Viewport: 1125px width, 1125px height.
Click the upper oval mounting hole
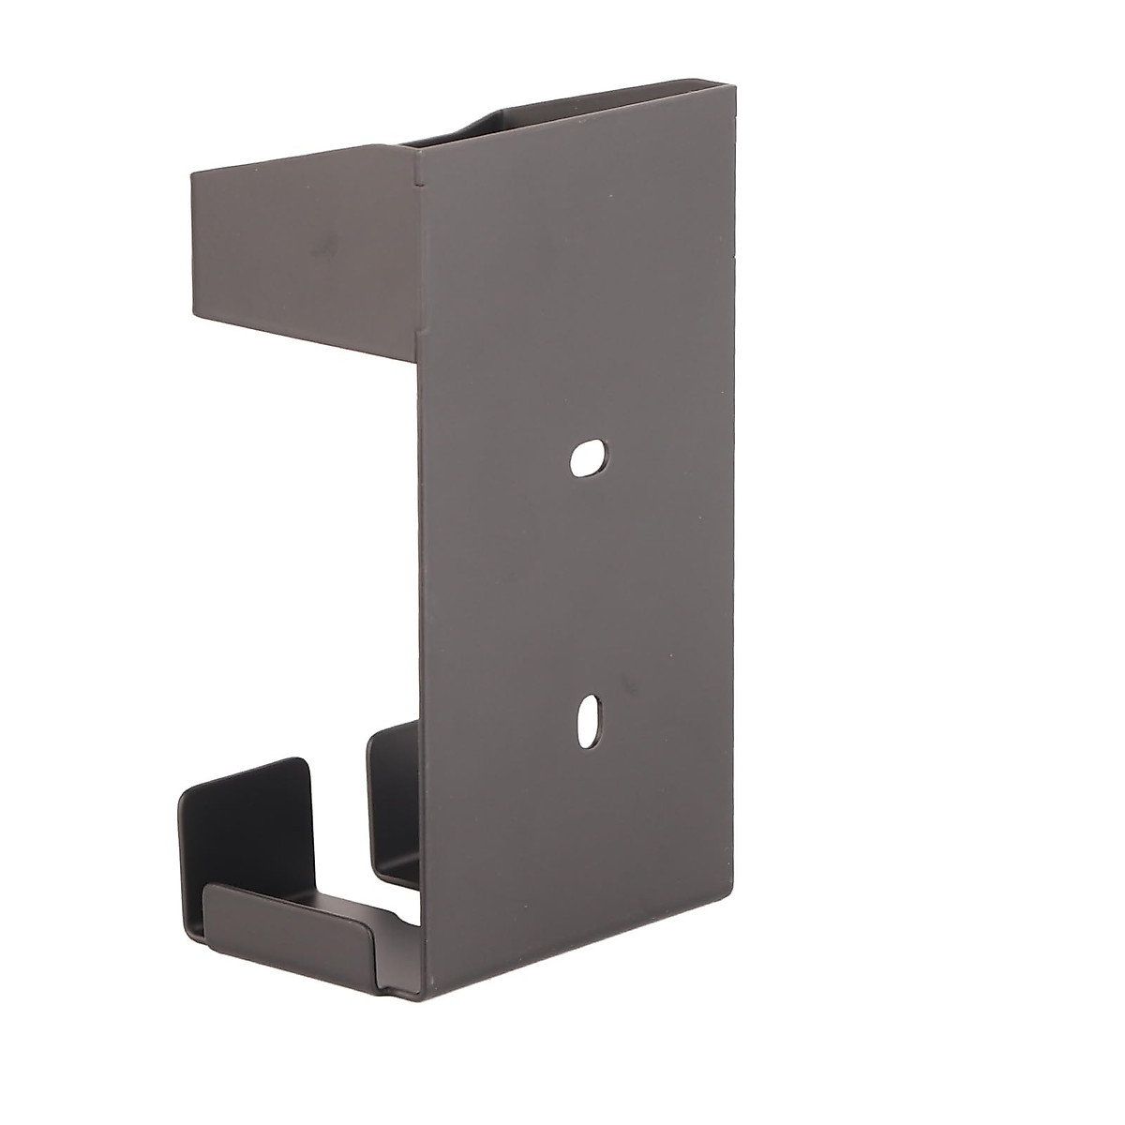pos(588,458)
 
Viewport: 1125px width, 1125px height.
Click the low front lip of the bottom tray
pos(291,927)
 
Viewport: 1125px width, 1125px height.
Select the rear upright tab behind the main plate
pos(389,806)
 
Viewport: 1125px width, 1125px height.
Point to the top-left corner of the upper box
pos(191,172)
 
